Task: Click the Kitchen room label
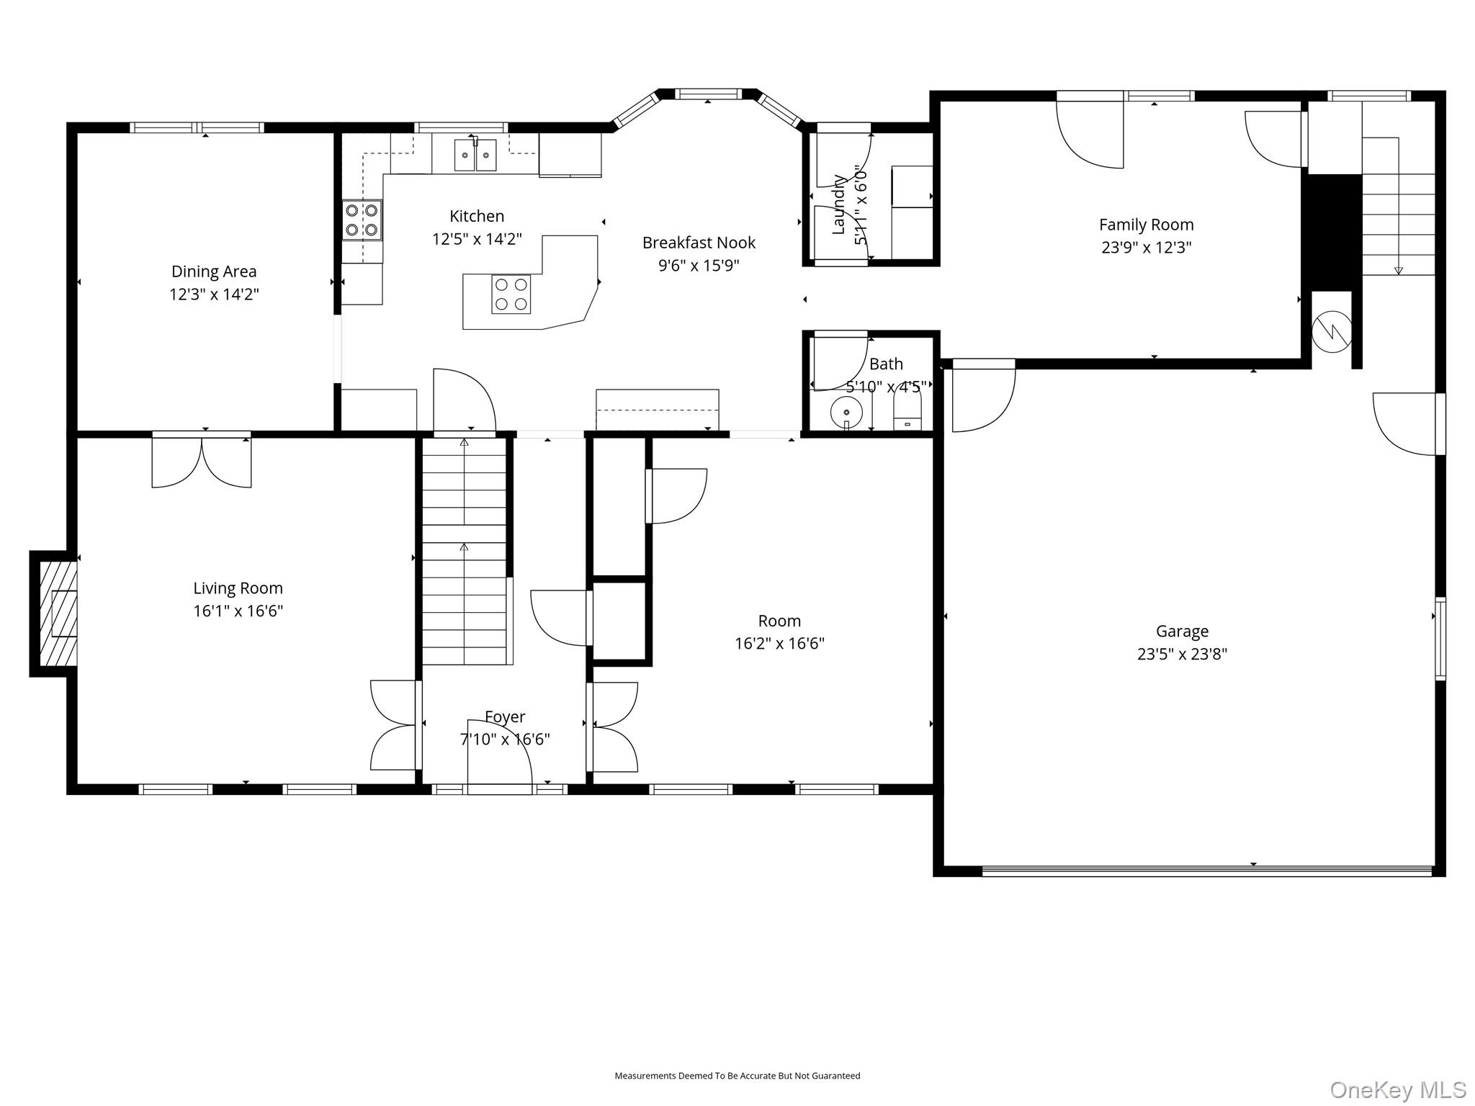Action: pos(477,216)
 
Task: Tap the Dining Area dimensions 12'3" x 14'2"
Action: pos(214,295)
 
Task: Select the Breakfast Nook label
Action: pos(699,243)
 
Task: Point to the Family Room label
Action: pos(1146,225)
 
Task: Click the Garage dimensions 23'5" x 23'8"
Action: pos(1182,654)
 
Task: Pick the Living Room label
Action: pos(238,588)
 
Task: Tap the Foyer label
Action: pos(505,716)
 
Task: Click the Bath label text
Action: pos(886,364)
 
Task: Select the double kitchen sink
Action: pos(475,155)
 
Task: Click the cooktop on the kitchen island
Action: pos(511,294)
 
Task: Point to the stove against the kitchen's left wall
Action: pos(362,220)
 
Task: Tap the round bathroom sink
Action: pos(846,413)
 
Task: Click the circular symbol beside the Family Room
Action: pos(1332,331)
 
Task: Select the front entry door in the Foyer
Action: pos(500,756)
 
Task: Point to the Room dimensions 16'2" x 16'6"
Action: pos(779,643)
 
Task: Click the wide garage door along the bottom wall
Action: pos(1207,871)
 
